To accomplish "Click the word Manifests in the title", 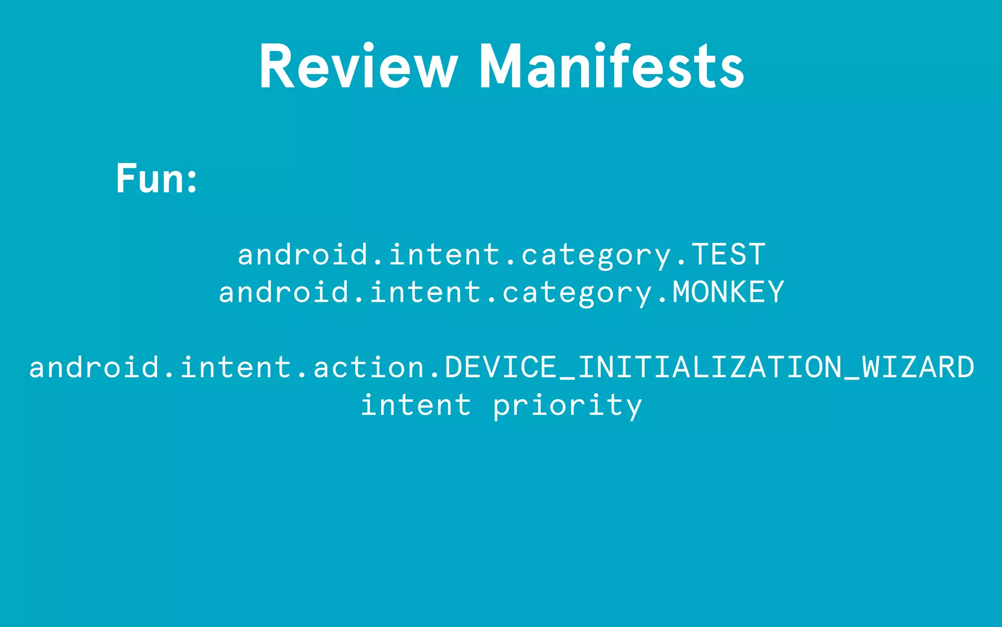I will click(612, 67).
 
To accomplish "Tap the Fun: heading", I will click(157, 178).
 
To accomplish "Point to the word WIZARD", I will click(918, 367).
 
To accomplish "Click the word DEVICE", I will click(501, 367).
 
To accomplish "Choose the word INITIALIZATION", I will click(709, 367).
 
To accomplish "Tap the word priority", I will click(567, 406).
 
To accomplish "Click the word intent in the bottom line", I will click(416, 405).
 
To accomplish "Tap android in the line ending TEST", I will click(303, 254).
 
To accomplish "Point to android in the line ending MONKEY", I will click(284, 292).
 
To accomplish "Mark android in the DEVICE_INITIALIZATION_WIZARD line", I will click(94, 367).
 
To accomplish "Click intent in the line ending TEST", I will click(445, 254).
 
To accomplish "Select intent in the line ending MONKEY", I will click(426, 292).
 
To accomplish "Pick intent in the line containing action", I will click(236, 367).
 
